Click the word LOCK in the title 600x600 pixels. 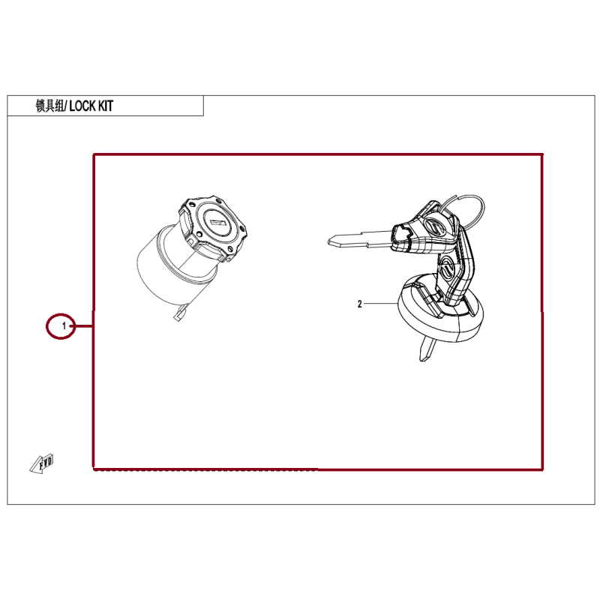(x=82, y=106)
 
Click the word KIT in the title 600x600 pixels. (x=106, y=106)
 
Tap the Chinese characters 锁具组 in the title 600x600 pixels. (x=49, y=106)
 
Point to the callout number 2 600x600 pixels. (x=360, y=304)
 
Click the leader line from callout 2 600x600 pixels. (x=381, y=304)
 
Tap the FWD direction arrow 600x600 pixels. (x=42, y=464)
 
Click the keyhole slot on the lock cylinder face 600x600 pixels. (x=217, y=222)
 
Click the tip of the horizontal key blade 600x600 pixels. (x=329, y=241)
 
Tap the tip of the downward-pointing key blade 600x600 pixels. (x=422, y=360)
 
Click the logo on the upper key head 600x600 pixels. (x=433, y=226)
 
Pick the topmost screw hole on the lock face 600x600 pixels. (x=218, y=200)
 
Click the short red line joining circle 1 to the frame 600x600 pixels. (x=84, y=326)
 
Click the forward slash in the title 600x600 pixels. (x=67, y=106)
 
